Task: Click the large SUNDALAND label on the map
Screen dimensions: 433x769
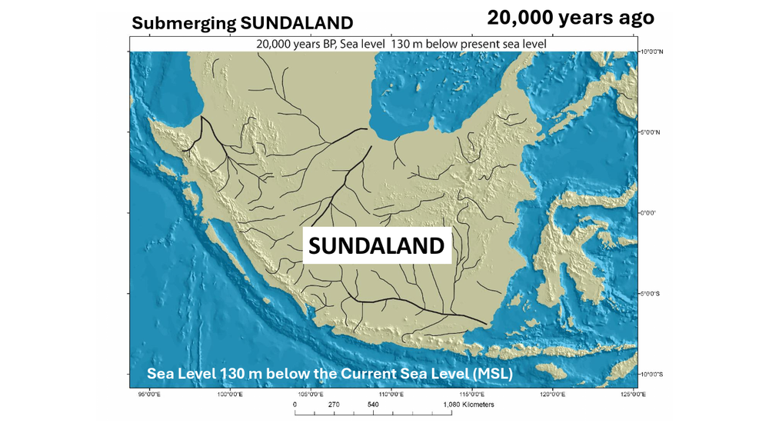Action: click(x=377, y=246)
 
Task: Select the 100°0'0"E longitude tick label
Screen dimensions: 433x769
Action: click(x=230, y=395)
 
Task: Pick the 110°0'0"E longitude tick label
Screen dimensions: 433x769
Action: click(x=391, y=395)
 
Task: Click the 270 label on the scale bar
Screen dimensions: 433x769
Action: click(x=334, y=405)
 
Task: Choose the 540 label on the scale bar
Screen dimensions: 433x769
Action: click(x=373, y=405)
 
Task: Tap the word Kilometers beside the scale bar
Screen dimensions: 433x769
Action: click(x=477, y=405)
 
